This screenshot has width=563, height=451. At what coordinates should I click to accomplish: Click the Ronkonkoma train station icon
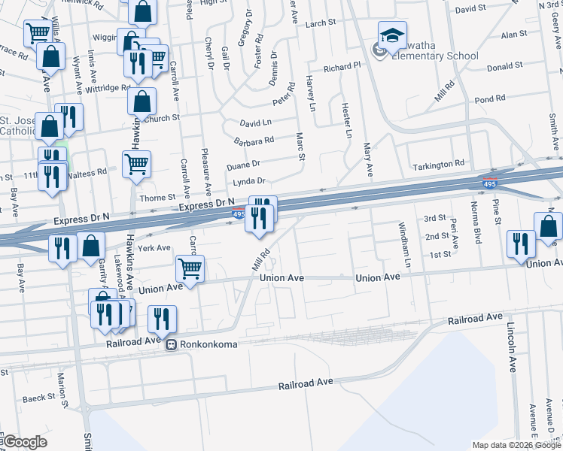172,345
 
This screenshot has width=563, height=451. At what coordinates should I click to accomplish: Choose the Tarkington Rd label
438,164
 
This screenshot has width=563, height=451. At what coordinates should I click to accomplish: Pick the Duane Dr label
242,163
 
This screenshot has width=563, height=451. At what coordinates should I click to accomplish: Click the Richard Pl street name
342,68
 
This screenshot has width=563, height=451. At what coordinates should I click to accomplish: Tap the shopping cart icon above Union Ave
190,268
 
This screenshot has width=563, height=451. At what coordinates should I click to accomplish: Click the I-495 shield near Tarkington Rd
488,182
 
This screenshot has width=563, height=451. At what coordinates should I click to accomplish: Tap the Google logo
24,442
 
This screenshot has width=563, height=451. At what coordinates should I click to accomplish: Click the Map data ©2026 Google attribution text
516,445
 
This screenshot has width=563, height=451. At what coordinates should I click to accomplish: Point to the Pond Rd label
489,99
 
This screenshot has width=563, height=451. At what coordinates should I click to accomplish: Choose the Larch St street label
321,23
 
